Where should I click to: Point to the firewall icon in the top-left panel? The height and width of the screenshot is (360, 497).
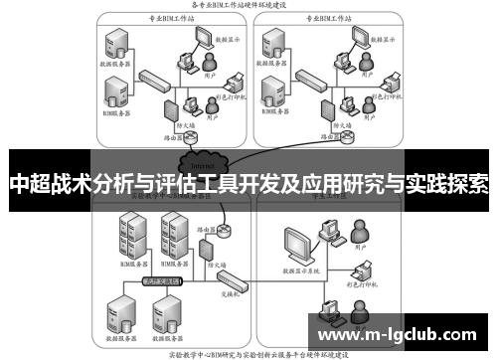(169, 108)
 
